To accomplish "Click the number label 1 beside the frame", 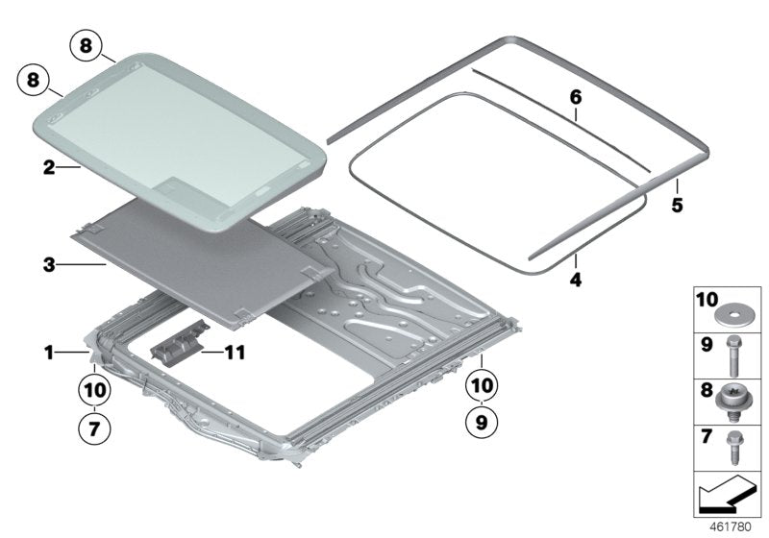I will pyautogui.click(x=48, y=353).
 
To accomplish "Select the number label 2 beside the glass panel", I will pyautogui.click(x=48, y=166).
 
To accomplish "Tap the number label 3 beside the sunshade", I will pyautogui.click(x=48, y=261).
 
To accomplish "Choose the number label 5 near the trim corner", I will pyautogui.click(x=677, y=206).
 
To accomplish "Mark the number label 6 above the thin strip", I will pyautogui.click(x=575, y=97).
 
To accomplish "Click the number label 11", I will pyautogui.click(x=234, y=353).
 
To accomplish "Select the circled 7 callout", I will pyautogui.click(x=93, y=428).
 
